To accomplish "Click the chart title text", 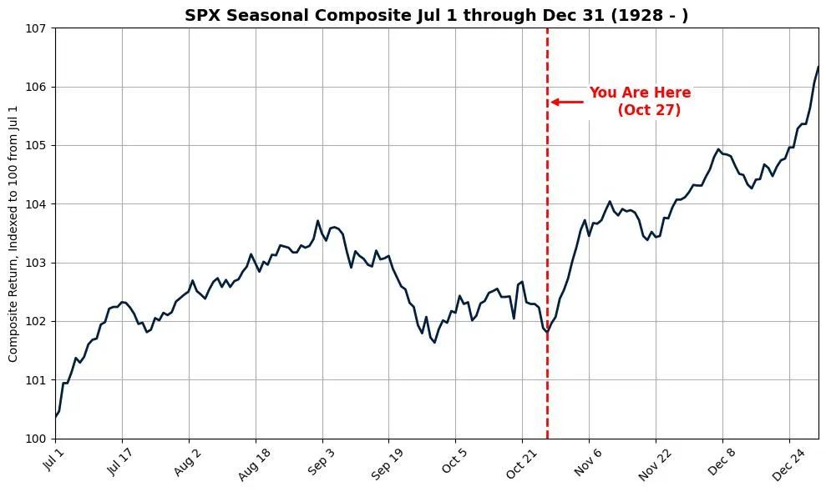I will pos(436,16).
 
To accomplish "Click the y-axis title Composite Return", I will pos(13,234).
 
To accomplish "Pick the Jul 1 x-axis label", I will pos(54,461).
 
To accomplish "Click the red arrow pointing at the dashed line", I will pos(566,102).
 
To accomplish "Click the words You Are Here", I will pos(640,93).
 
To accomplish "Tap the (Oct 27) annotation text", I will pos(649,110).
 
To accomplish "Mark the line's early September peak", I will pos(317,221).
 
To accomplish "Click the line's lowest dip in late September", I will pos(434,342).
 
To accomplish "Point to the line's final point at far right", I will pos(818,67).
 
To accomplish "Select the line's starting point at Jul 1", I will pos(56,416).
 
